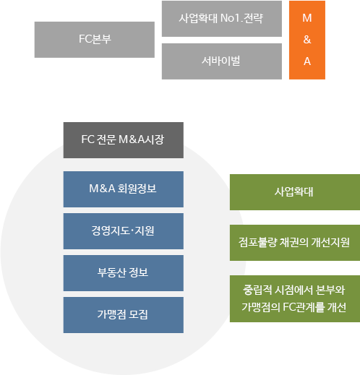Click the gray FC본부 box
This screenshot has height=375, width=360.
tap(95, 40)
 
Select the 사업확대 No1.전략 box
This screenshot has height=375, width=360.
tap(222, 19)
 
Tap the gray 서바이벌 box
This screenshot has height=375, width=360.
tap(222, 61)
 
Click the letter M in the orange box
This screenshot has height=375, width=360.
tap(307, 18)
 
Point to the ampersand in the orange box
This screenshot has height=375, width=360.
tap(307, 40)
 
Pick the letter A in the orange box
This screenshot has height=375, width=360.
tap(307, 61)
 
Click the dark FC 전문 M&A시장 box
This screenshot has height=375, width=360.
tap(124, 140)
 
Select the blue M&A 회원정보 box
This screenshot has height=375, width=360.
tap(124, 189)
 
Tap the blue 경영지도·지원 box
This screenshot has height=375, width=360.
tap(124, 231)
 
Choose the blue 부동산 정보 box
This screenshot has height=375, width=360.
tap(124, 273)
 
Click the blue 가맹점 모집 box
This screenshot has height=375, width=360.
tap(124, 315)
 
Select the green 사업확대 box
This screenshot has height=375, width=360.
tap(295, 192)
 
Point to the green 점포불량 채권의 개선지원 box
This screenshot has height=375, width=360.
tap(295, 243)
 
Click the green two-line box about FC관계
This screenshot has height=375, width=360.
tap(295, 298)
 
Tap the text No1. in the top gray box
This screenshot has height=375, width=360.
tap(231, 18)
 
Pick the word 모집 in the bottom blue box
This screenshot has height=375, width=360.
tap(138, 314)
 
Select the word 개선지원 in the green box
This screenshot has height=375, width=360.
tap(330, 242)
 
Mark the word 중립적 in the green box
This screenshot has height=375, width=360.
tap(257, 290)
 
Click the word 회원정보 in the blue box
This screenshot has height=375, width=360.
tap(137, 189)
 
